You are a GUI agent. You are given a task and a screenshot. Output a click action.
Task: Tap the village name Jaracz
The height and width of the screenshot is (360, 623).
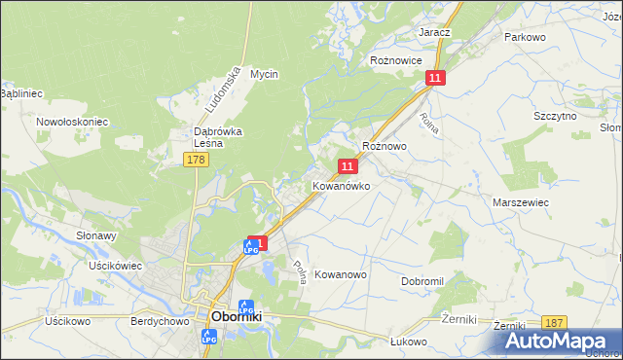(435, 32)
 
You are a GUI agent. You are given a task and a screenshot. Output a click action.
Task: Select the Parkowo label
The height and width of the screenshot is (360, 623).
(525, 36)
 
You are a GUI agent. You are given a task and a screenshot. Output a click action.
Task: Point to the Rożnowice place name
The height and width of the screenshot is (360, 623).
(396, 59)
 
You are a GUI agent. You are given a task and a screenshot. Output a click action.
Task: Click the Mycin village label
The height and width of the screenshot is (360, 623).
(264, 74)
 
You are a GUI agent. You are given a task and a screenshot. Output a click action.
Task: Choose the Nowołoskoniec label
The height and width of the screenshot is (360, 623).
(71, 122)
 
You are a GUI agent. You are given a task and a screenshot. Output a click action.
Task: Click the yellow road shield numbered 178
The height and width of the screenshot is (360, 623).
(196, 160)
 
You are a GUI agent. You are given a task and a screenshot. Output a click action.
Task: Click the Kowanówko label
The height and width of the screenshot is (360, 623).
(341, 185)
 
